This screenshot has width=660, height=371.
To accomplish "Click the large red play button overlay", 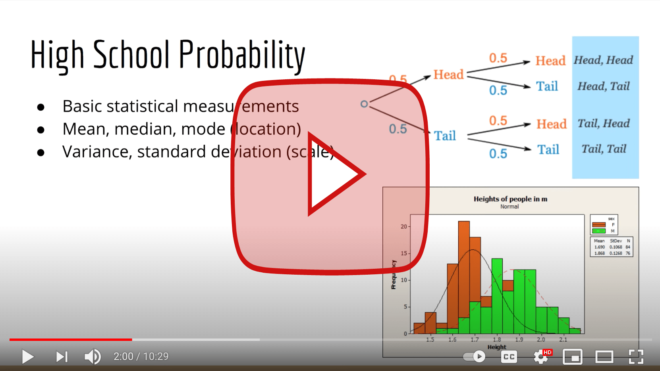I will [330, 176].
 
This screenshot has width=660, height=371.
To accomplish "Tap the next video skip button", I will [62, 357].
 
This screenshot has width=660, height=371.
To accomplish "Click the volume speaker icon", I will [93, 357].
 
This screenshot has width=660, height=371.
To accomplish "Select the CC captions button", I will [509, 357].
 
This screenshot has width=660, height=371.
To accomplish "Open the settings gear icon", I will [540, 357].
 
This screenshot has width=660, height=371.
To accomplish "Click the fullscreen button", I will [636, 357].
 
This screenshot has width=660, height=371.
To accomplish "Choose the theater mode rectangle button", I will [604, 357].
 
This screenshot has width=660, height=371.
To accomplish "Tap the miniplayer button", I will [572, 357].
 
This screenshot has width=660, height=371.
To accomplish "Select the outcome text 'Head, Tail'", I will [604, 86].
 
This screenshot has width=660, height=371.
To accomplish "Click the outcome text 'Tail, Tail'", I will [604, 149].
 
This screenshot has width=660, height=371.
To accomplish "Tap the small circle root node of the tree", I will [364, 104].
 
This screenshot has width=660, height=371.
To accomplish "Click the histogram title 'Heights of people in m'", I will [510, 199].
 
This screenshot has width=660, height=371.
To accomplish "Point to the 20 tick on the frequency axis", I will [404, 227].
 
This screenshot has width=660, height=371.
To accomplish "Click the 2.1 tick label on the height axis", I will [563, 340].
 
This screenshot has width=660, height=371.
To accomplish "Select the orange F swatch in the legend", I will [599, 225].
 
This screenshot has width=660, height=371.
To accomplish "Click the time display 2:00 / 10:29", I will [141, 357].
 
